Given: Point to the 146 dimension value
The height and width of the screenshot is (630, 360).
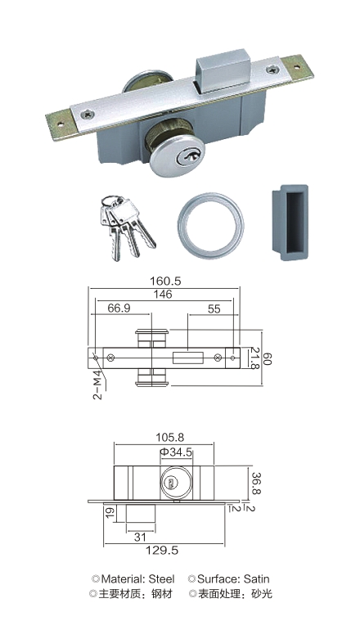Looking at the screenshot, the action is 162,294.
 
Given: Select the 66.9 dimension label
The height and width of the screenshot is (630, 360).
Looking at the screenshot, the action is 119,308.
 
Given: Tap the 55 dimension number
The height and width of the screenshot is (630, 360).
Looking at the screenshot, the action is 214,308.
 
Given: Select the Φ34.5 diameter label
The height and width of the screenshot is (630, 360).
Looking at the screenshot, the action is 176,452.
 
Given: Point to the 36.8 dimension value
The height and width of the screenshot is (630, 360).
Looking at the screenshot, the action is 256,484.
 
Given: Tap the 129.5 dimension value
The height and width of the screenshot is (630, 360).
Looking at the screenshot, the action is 162,550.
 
